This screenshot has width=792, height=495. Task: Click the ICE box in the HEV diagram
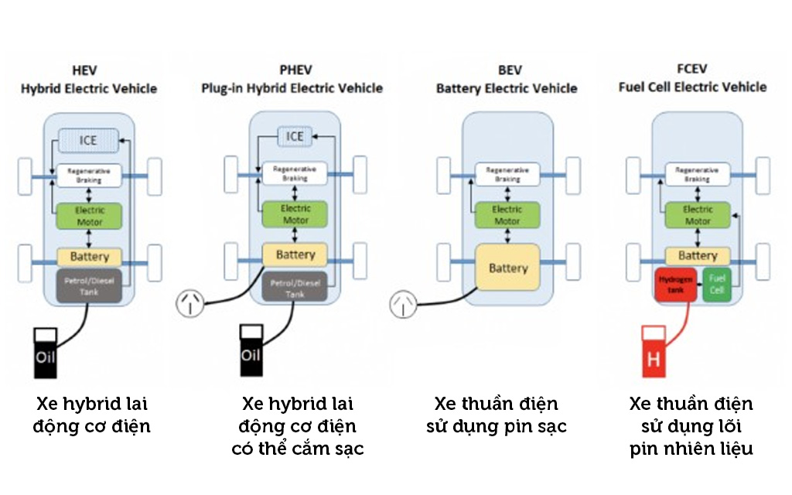point(89,141)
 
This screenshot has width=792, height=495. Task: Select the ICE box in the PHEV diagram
point(295,137)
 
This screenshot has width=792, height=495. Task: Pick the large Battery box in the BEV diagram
point(507,268)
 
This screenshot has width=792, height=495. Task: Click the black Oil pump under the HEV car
point(46,353)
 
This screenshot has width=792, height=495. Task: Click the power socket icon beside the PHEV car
point(191,303)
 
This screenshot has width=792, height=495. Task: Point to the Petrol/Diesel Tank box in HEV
point(89,285)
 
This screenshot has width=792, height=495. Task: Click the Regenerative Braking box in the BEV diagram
point(507,174)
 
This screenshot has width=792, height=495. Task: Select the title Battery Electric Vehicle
point(507,88)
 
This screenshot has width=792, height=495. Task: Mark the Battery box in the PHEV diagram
point(295,254)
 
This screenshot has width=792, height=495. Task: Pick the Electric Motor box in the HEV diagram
point(89,216)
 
